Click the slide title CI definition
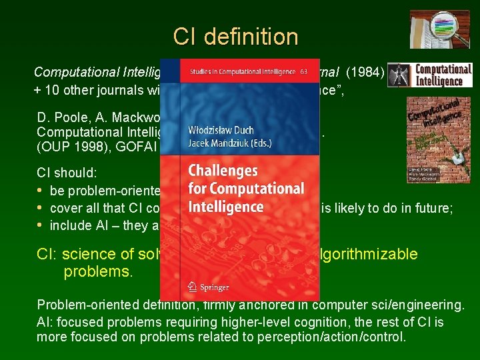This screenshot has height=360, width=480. [235, 37]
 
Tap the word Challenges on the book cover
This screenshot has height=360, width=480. [222, 172]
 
